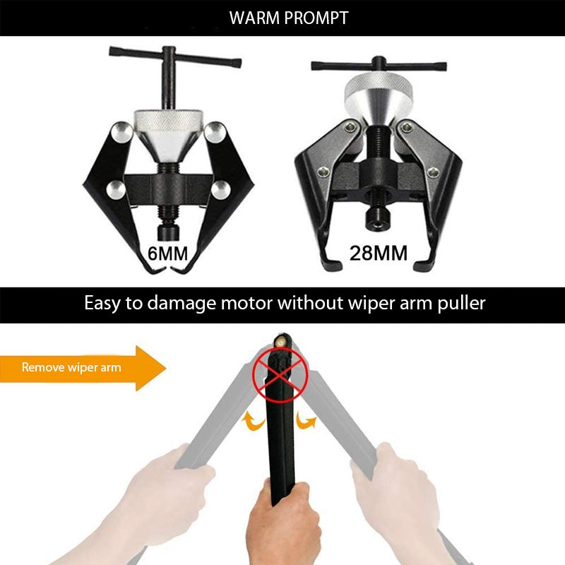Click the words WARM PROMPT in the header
pos(289,18)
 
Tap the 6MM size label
pos(169,253)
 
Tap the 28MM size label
pos(379,253)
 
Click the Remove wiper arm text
pos(71,367)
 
